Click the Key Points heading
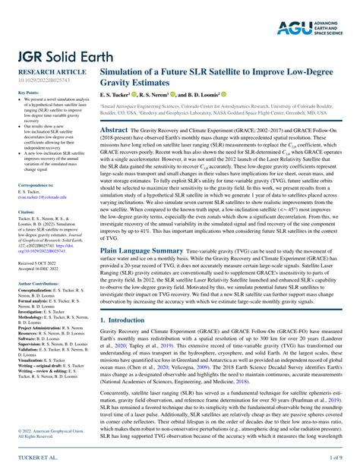(27, 92)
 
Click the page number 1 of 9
(334, 458)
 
